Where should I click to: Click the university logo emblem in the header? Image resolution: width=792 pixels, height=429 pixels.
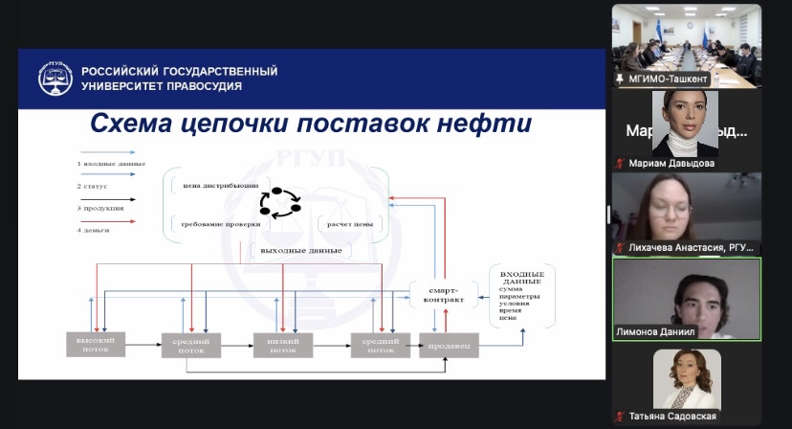point(55,79)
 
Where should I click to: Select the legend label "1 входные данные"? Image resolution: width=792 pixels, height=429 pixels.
point(111,164)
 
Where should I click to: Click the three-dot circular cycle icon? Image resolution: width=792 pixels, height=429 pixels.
point(279,203)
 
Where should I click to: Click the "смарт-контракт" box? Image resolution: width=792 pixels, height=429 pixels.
point(441,294)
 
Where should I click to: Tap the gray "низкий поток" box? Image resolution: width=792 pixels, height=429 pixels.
point(282,345)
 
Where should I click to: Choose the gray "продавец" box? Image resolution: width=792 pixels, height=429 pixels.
point(448,346)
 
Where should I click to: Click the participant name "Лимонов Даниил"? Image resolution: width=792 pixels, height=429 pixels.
point(655,332)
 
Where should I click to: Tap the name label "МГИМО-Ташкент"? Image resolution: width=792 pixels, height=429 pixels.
point(669,79)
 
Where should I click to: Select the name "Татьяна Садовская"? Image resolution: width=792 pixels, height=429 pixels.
point(672,417)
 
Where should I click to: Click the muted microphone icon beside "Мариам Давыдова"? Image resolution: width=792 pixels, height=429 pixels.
point(620,164)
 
